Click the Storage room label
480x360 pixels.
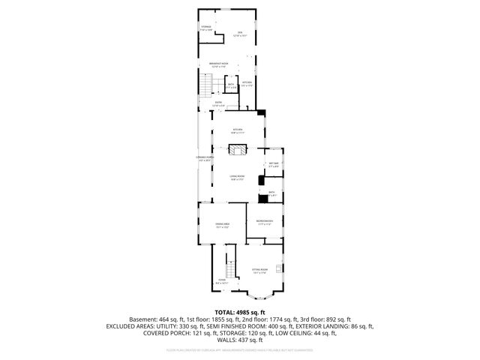click(x=205, y=28)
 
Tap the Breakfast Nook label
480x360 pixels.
click(x=219, y=65)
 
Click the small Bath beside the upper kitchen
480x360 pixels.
click(x=232, y=86)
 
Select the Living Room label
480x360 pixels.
click(x=238, y=178)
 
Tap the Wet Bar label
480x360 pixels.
click(x=274, y=164)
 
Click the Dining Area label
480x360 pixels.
click(x=222, y=225)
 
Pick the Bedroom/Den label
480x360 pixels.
click(x=264, y=222)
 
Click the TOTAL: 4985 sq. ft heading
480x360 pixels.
click(x=240, y=311)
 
